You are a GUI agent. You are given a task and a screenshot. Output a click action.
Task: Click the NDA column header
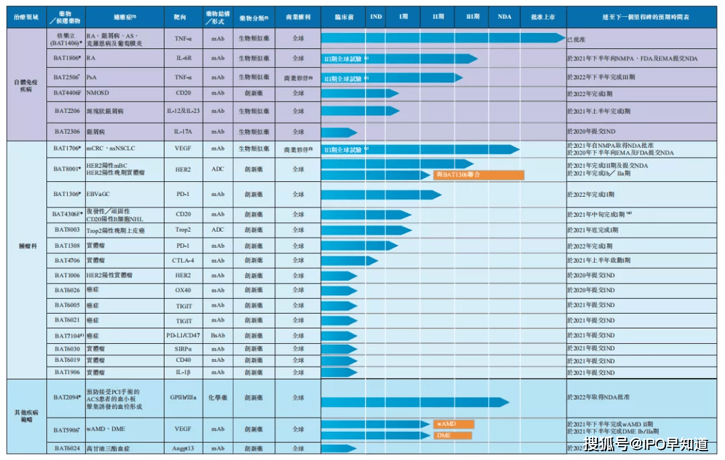505,16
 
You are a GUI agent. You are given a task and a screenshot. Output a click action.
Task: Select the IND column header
376,16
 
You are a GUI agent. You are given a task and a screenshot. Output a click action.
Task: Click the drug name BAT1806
67,58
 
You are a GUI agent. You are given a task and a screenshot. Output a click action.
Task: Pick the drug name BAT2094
67,398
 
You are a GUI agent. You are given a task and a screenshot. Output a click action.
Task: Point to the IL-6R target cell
183,58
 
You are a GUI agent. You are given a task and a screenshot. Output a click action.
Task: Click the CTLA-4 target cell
183,261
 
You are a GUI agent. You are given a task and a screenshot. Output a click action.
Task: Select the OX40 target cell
183,290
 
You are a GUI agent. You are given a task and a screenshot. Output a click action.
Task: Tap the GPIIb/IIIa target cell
183,398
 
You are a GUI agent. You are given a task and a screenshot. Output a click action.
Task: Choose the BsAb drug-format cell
217,335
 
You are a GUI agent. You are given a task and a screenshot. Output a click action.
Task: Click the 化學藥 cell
217,398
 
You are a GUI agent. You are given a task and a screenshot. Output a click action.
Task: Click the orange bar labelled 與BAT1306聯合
478,175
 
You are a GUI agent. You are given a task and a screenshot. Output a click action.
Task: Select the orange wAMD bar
453,424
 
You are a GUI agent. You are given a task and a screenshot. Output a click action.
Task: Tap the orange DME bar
452,436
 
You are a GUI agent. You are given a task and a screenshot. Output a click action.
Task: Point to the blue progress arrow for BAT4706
349,261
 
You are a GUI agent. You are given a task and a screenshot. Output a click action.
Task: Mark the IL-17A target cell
183,132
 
